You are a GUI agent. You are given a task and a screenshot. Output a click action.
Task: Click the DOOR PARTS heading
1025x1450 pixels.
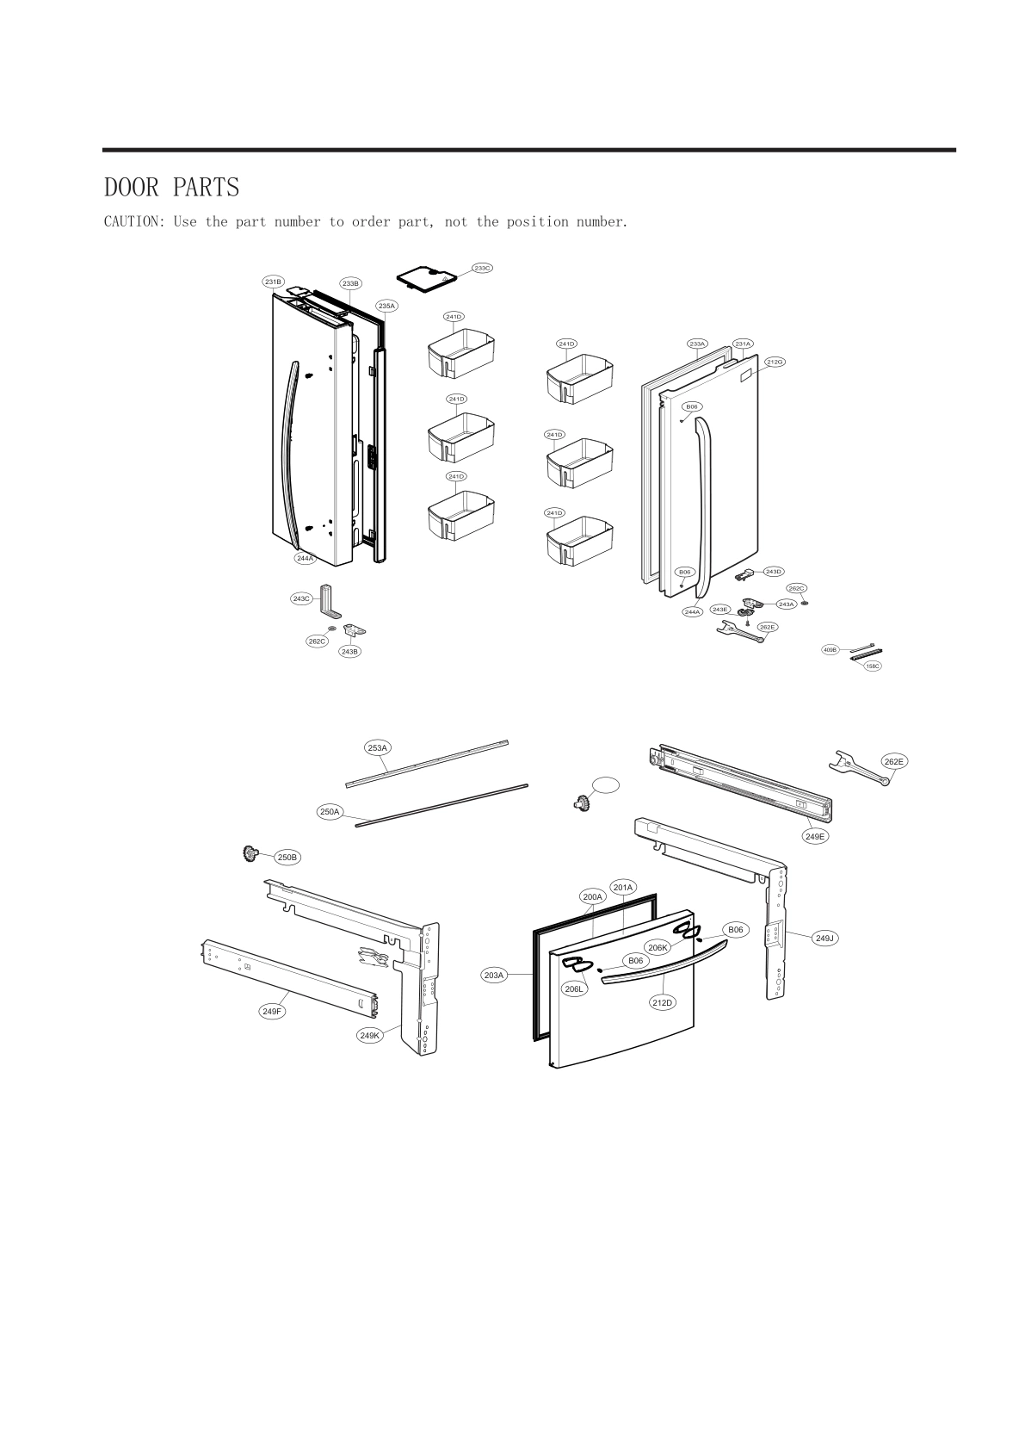pyautogui.click(x=171, y=187)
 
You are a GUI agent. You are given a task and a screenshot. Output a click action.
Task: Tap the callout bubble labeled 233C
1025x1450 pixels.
pyautogui.click(x=482, y=268)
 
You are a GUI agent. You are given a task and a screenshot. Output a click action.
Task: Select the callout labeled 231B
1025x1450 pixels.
pyautogui.click(x=274, y=282)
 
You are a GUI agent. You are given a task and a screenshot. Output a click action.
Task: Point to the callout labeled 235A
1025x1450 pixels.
pyautogui.click(x=386, y=306)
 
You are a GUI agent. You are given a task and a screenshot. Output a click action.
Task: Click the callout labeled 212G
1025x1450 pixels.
pyautogui.click(x=775, y=362)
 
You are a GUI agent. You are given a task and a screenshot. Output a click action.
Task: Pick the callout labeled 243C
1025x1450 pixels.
pyautogui.click(x=301, y=598)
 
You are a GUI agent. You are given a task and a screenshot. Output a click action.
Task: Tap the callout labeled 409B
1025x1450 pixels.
pyautogui.click(x=830, y=649)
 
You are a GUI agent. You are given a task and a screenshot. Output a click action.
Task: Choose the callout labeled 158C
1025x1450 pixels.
pyautogui.click(x=873, y=666)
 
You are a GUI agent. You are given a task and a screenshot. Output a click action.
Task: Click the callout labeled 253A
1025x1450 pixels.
pyautogui.click(x=377, y=748)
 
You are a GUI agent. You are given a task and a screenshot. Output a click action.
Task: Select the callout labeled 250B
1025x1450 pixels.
pyautogui.click(x=287, y=858)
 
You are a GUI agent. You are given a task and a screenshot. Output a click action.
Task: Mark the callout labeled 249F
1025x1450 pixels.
pyautogui.click(x=272, y=1011)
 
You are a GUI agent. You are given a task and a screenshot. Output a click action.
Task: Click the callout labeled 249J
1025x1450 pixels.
pyautogui.click(x=824, y=939)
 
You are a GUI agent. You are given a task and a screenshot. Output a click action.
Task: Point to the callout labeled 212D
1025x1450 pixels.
pyautogui.click(x=662, y=1002)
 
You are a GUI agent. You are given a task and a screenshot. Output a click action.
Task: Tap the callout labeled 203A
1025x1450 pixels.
pyautogui.click(x=493, y=975)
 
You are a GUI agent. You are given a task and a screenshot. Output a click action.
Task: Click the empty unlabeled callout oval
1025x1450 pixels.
pyautogui.click(x=605, y=784)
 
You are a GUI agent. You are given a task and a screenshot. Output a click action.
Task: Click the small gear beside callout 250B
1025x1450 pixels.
pyautogui.click(x=251, y=854)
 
